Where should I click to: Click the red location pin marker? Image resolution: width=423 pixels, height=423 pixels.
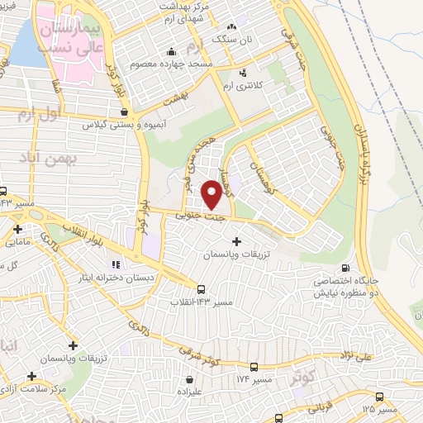[x=211, y=193]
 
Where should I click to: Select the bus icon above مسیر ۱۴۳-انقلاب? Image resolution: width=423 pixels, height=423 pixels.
[x=202, y=289]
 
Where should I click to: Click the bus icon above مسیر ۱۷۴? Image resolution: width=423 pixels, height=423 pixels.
[x=254, y=366]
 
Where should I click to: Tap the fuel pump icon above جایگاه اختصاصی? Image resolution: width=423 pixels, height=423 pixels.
[x=345, y=268]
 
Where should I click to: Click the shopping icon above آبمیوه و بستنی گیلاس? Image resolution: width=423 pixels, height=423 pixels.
[x=124, y=112]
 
